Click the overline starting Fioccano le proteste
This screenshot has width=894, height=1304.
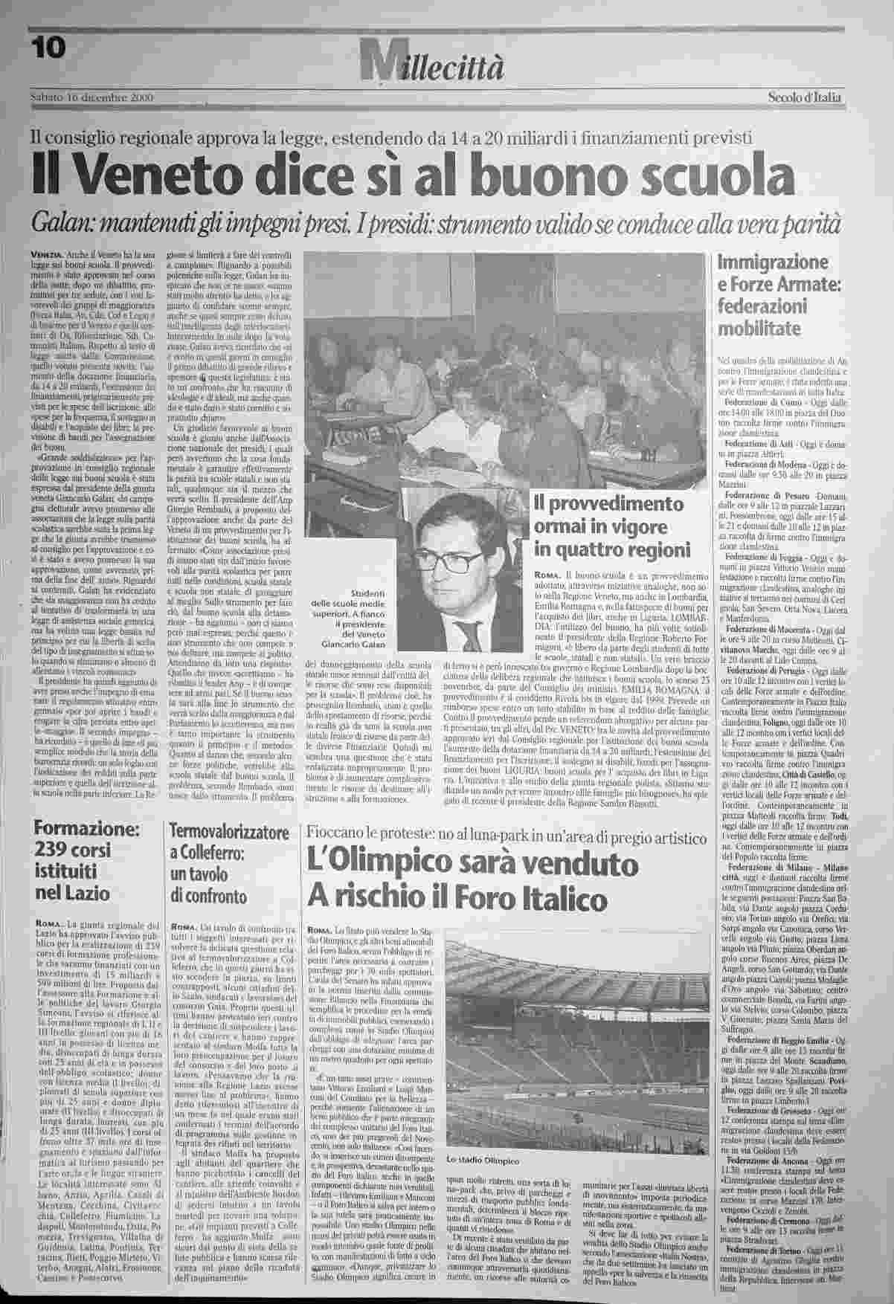tap(506, 836)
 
